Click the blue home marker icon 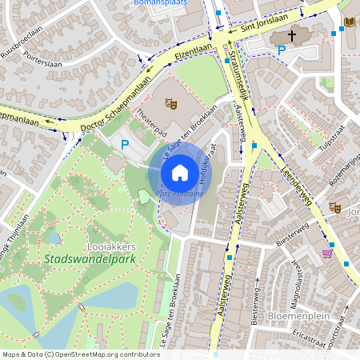(x=180, y=172)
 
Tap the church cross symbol (x=292, y=36)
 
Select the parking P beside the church (x=281, y=51)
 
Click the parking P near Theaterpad (x=124, y=145)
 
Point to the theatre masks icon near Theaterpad (x=170, y=102)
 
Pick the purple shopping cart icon (x=326, y=254)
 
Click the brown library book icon (x=349, y=22)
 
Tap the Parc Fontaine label (x=179, y=194)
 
